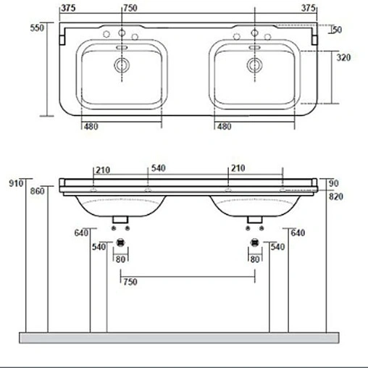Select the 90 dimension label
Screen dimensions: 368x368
tap(335, 183)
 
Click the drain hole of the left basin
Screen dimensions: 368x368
tap(120, 65)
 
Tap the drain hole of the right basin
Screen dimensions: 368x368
tap(254, 65)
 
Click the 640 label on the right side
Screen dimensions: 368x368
tap(297, 233)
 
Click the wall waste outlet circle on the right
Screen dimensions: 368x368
tap(254, 243)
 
